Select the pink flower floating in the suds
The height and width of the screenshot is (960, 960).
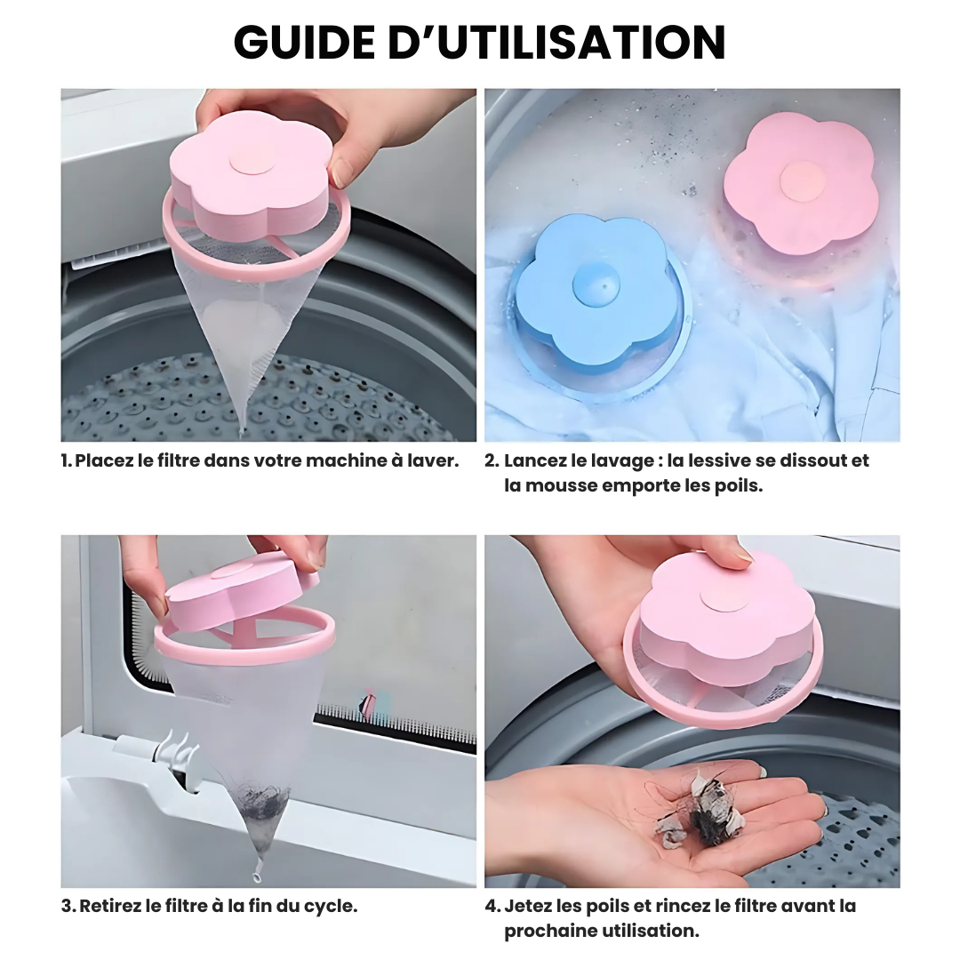pyautogui.click(x=800, y=182)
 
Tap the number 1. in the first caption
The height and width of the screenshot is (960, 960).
pyautogui.click(x=67, y=460)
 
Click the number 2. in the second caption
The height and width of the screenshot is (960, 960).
pyautogui.click(x=492, y=460)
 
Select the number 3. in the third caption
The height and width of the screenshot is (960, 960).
pyautogui.click(x=68, y=906)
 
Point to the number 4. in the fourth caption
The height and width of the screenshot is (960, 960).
pyautogui.click(x=492, y=906)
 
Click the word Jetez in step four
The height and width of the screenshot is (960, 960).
pyautogui.click(x=527, y=906)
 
